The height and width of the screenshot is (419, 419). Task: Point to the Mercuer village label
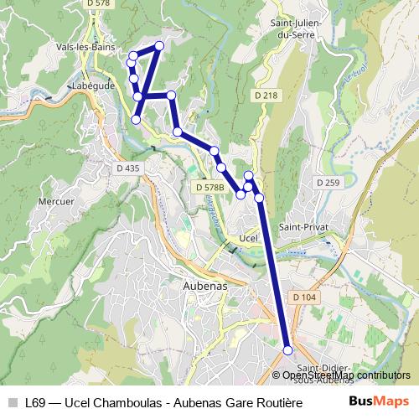pyautogui.click(x=57, y=201)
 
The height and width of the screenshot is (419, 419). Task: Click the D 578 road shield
pyautogui.click(x=99, y=4)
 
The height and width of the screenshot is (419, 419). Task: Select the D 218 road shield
pyautogui.click(x=265, y=96)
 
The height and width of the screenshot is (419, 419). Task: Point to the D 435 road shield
pyautogui.click(x=128, y=168)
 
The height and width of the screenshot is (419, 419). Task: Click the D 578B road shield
pyautogui.click(x=210, y=189)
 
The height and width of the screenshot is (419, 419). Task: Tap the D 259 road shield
pyautogui.click(x=328, y=182)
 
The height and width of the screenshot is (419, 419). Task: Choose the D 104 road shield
pyautogui.click(x=304, y=297)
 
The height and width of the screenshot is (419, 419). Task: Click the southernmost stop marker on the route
pyautogui.click(x=288, y=350)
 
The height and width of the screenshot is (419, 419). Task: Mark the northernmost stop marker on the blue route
pyautogui.click(x=159, y=44)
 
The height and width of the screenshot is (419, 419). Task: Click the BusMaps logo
pyautogui.click(x=378, y=401)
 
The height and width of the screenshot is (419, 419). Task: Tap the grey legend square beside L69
pyautogui.click(x=12, y=402)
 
